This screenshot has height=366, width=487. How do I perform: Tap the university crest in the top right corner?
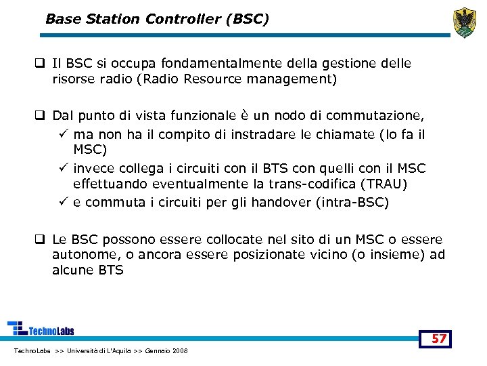[x=464, y=23]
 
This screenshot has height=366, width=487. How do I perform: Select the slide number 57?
[x=439, y=339]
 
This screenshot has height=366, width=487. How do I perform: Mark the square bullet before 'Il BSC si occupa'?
[x=41, y=64]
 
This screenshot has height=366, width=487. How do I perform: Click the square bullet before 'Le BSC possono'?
[x=41, y=240]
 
